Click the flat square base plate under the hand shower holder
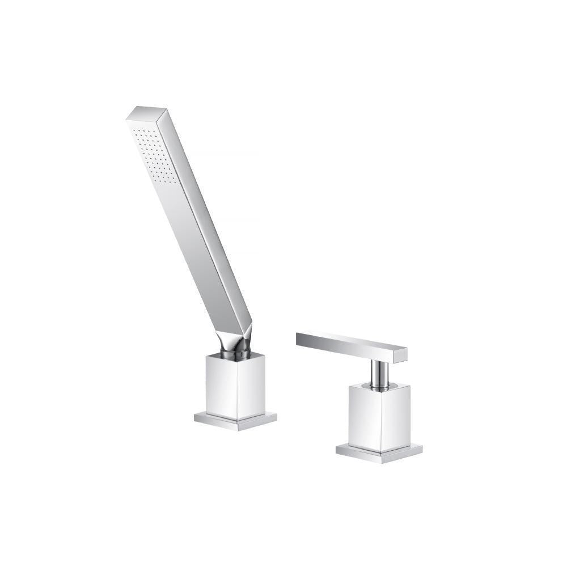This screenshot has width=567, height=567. tap(235, 421)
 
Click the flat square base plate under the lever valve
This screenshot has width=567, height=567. tap(379, 452)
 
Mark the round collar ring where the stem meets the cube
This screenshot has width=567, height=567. tap(379, 387)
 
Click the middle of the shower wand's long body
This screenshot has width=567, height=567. tap(196, 227)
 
